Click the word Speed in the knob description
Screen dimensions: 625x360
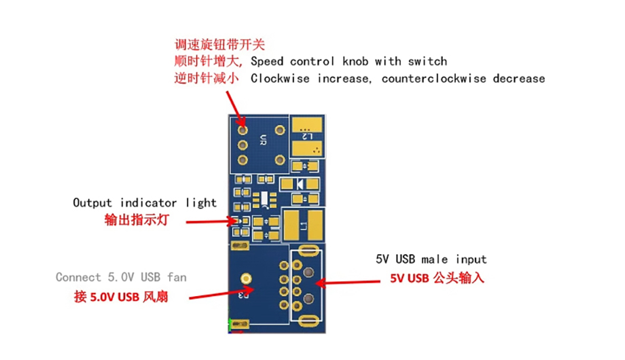tap(267, 61)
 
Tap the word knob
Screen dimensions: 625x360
tap(355, 61)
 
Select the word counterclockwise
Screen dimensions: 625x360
tap(433, 79)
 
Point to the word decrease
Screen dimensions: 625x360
tap(518, 79)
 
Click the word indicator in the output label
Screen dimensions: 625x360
tap(148, 202)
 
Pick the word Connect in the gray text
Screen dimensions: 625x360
tap(78, 277)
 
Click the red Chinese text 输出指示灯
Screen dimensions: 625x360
tap(137, 219)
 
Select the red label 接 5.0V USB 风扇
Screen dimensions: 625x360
tap(121, 297)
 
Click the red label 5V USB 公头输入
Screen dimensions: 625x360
tap(437, 278)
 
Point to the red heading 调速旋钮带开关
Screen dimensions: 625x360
tap(219, 44)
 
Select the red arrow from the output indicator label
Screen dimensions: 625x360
tap(211, 221)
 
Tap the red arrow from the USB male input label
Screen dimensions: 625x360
tap(347, 283)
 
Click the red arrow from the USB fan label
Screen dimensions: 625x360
tap(221, 293)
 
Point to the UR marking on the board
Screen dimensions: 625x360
tap(263, 140)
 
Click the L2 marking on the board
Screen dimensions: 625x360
tap(307, 137)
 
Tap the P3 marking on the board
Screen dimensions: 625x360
tap(243, 295)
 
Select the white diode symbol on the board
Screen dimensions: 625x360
tap(300, 184)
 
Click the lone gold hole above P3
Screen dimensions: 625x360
tap(247, 278)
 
